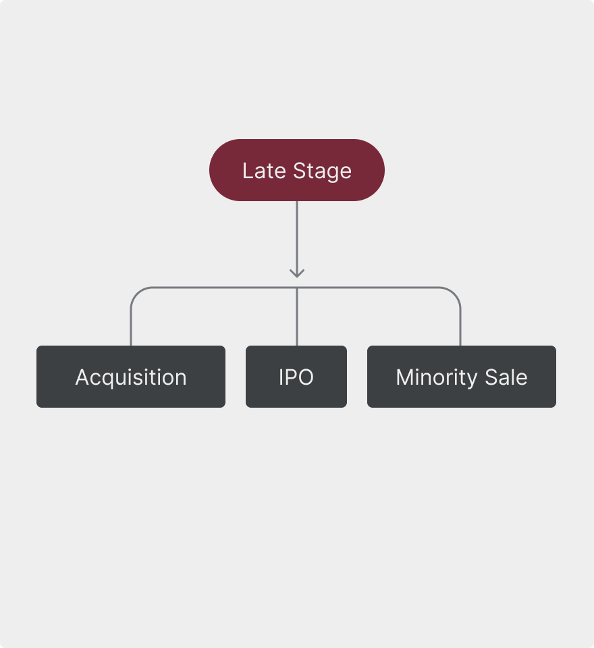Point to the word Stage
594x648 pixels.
click(322, 171)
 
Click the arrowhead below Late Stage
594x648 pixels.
click(297, 273)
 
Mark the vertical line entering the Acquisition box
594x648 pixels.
click(131, 327)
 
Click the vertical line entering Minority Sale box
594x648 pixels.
click(460, 327)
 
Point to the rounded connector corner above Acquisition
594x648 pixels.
click(136, 292)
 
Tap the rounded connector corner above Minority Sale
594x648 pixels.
click(456, 292)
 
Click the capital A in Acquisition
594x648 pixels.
click(82, 377)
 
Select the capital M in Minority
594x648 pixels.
click(404, 377)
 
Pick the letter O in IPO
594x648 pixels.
click(306, 377)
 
